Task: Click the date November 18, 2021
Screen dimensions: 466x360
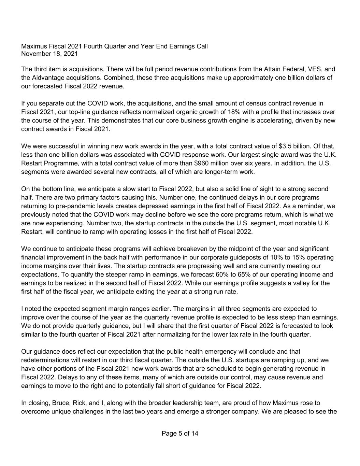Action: click(49, 54)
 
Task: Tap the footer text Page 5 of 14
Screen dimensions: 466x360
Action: click(180, 434)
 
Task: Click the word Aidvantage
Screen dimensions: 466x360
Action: click(47, 77)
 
